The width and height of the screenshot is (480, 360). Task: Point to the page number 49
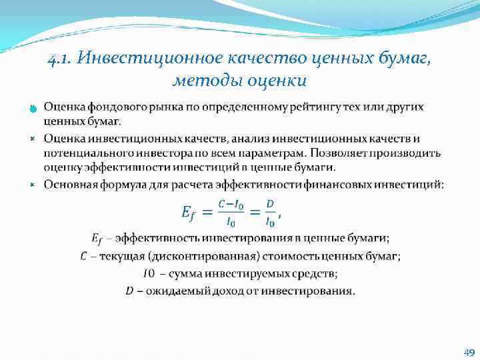point(469,353)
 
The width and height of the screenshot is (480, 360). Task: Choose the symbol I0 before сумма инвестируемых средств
point(149,273)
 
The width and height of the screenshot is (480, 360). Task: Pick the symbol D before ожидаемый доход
point(129,290)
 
